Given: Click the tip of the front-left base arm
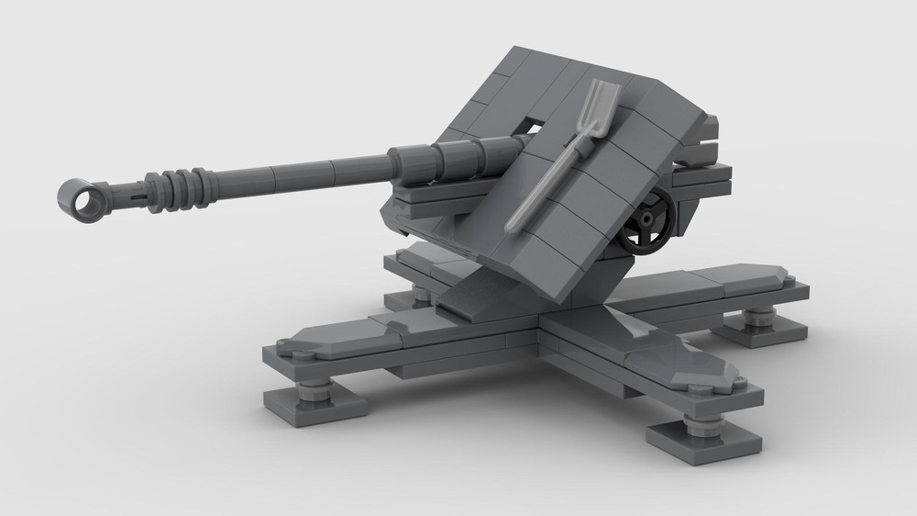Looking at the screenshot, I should coord(293,344).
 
